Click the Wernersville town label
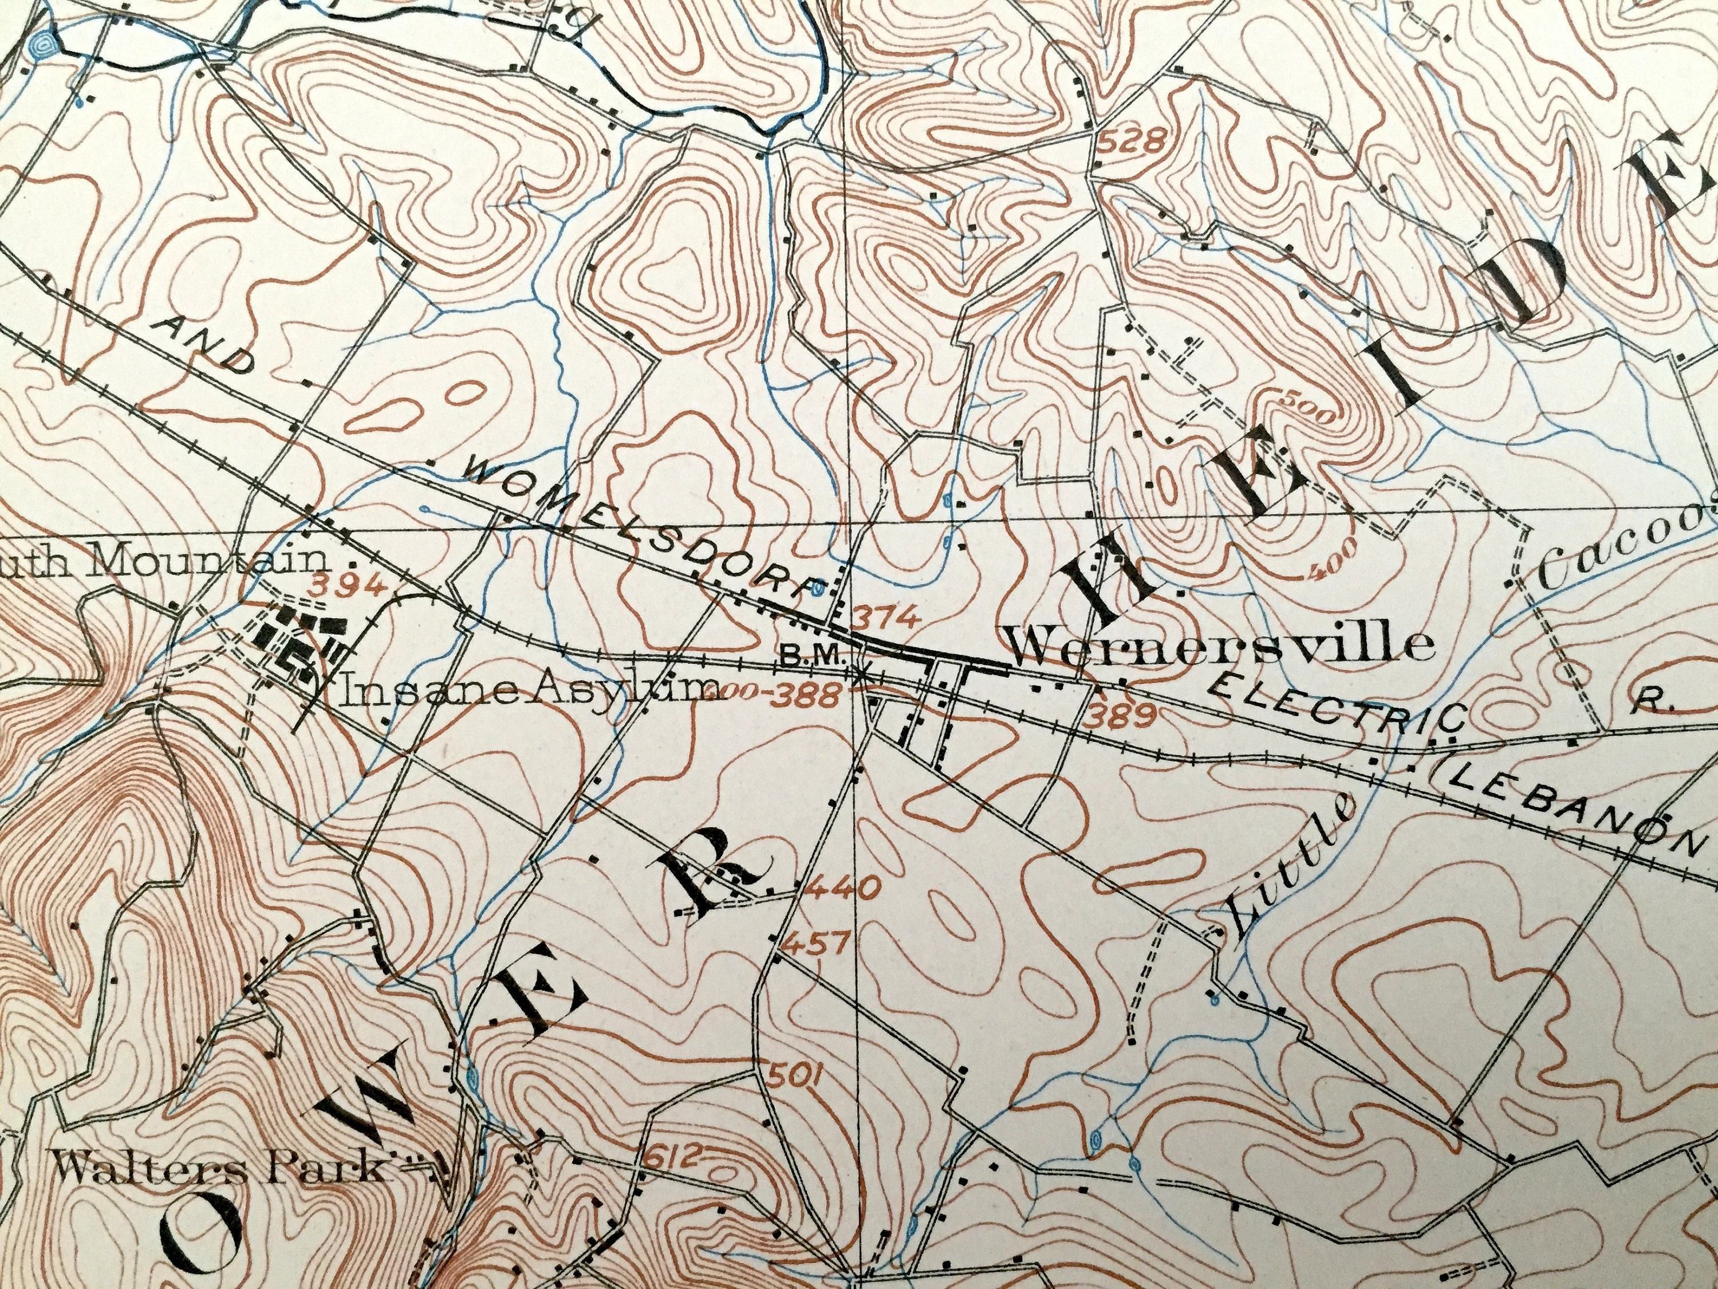click(x=1219, y=645)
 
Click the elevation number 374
click(x=887, y=619)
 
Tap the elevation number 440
click(x=843, y=886)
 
